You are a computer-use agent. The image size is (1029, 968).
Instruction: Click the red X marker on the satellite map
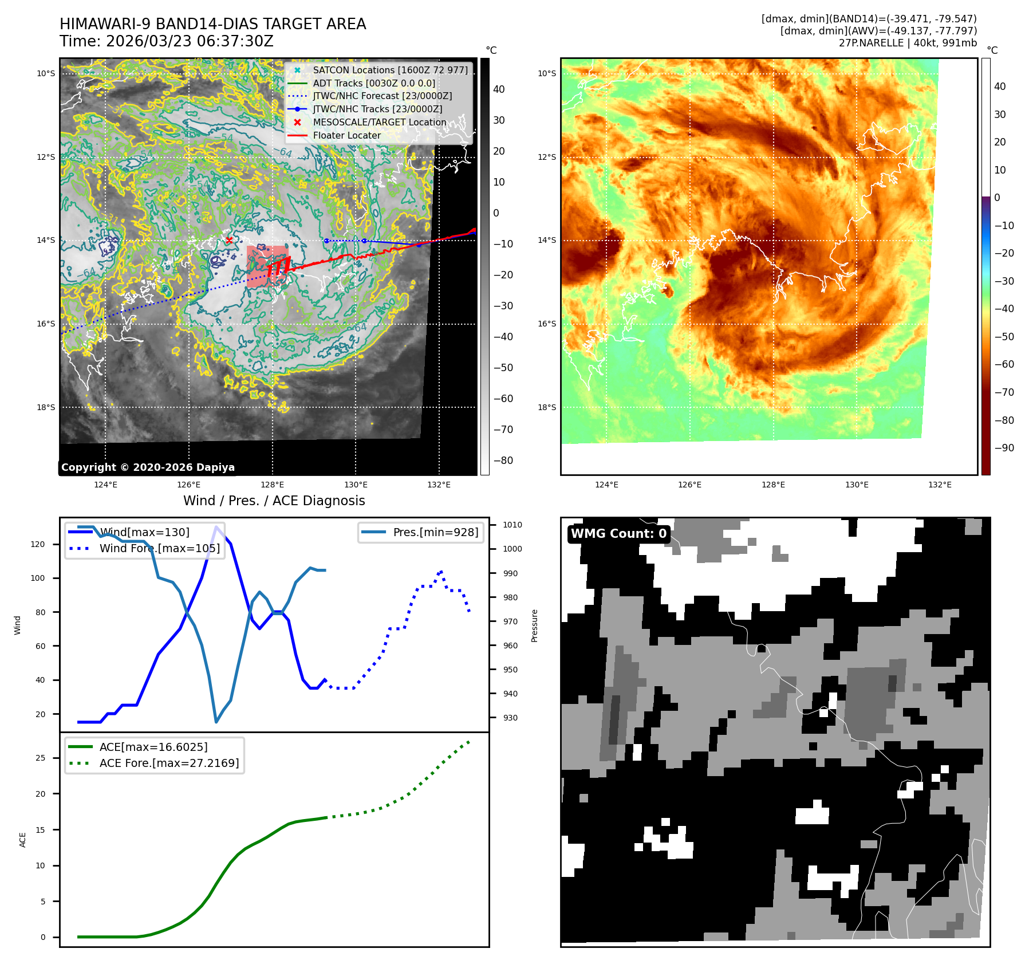click(x=229, y=241)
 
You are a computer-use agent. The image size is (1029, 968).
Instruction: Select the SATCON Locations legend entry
click(x=390, y=70)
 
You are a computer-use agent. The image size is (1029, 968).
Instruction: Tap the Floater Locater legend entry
click(x=346, y=135)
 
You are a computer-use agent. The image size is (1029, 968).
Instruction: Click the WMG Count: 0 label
click(x=618, y=534)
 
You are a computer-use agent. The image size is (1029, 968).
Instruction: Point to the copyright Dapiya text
click(x=148, y=467)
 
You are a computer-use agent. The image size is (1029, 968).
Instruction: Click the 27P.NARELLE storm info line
click(x=908, y=43)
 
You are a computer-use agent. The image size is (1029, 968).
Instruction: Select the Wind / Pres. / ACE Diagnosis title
click(x=274, y=501)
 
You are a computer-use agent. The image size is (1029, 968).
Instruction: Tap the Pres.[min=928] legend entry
click(x=435, y=532)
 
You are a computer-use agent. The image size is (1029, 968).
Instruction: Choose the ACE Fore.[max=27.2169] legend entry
click(x=169, y=763)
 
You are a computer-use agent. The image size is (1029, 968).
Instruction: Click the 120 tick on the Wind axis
click(x=38, y=544)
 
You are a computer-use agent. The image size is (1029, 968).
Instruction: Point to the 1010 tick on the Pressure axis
click(x=512, y=525)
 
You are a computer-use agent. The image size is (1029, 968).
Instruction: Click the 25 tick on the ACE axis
click(x=40, y=758)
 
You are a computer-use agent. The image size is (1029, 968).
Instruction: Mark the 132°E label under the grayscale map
click(x=439, y=485)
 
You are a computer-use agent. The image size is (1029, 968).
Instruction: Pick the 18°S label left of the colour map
click(x=546, y=407)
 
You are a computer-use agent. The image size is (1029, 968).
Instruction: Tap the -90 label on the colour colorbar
click(x=1004, y=448)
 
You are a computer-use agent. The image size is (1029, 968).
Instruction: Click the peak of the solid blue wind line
click(x=216, y=527)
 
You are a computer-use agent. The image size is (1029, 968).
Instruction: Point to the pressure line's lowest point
click(x=216, y=722)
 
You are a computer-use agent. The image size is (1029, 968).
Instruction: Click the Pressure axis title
click(x=534, y=625)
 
